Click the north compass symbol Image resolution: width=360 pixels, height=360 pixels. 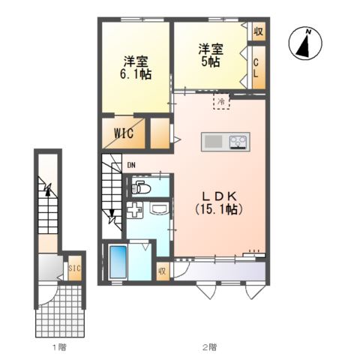click(x=305, y=43)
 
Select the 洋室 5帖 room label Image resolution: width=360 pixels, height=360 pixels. click(x=211, y=55)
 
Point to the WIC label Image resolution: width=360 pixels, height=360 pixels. click(x=124, y=133)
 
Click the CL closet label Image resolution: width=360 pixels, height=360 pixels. click(x=256, y=68)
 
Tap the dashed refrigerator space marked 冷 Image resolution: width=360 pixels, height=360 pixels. click(x=221, y=101)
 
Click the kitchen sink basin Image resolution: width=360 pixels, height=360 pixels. click(x=214, y=142)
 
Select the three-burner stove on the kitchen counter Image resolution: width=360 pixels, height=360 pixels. click(x=238, y=142)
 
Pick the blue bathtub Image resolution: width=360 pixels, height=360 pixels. click(x=118, y=262)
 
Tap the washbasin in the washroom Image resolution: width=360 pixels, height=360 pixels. click(x=158, y=208)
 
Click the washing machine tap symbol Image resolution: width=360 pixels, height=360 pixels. click(x=135, y=210)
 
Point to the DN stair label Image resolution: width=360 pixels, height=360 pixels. click(x=131, y=165)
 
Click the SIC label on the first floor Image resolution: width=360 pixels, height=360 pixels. click(x=75, y=268)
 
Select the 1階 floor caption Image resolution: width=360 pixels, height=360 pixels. click(x=59, y=346)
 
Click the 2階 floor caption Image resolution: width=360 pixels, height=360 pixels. click(x=209, y=346)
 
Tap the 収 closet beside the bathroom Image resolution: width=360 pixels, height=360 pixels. click(x=162, y=271)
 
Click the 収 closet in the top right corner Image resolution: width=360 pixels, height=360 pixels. click(x=259, y=31)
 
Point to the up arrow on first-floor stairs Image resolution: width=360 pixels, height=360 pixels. click(x=47, y=190)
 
